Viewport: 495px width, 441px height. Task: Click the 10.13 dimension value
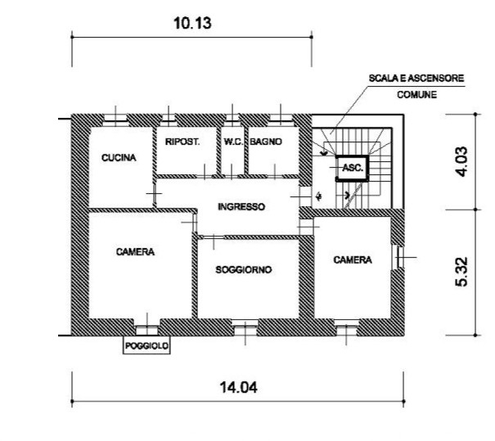[192, 23]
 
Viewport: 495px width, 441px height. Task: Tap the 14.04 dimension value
[238, 387]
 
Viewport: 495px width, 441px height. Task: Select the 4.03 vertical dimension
[461, 162]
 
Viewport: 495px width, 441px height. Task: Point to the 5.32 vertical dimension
[461, 272]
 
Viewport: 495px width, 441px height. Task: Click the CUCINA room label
[119, 158]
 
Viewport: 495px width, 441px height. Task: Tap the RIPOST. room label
[182, 142]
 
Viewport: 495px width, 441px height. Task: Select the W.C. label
[233, 142]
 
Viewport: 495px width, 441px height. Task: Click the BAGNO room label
[266, 142]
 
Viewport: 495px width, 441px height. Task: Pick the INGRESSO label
[241, 207]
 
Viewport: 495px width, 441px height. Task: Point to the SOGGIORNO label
[243, 270]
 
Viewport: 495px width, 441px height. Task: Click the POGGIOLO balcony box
[146, 345]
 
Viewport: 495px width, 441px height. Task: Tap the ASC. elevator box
[353, 168]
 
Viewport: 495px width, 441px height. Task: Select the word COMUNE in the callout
[416, 95]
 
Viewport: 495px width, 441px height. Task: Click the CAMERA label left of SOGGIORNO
[135, 252]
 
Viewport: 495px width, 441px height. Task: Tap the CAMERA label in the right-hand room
[353, 260]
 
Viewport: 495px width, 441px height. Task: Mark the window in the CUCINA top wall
[115, 118]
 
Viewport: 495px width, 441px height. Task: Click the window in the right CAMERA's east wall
[399, 257]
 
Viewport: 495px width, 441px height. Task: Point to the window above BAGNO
[281, 118]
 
